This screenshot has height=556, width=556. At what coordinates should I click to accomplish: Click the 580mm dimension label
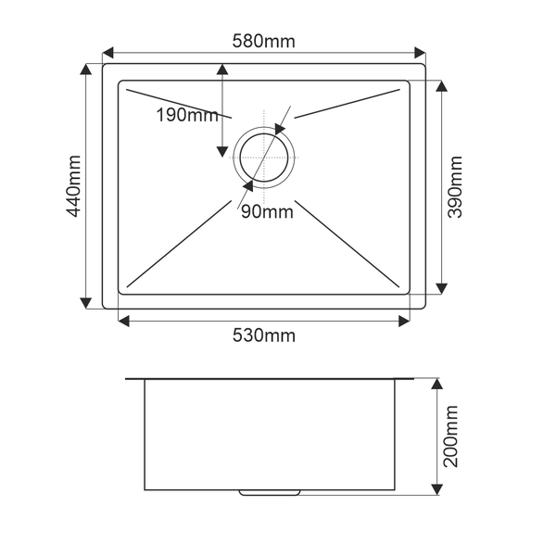[263, 41]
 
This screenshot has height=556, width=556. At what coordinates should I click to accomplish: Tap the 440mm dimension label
[74, 186]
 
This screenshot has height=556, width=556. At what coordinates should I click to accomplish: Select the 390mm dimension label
[455, 187]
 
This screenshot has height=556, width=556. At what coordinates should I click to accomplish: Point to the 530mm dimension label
[264, 335]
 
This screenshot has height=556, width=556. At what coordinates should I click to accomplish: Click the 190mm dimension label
[187, 115]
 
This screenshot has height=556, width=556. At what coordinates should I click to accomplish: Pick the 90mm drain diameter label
[268, 212]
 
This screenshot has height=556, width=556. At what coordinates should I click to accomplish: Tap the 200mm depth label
[450, 436]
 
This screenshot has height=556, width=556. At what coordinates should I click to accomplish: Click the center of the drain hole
[264, 158]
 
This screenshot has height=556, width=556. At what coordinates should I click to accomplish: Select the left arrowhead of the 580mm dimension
[107, 53]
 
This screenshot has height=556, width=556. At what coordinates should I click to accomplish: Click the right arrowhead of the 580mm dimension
[420, 53]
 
